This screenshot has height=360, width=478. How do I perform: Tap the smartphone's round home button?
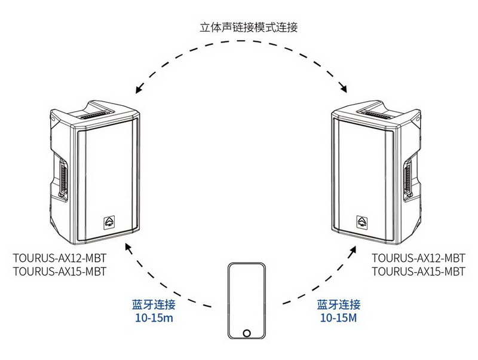point(246,333)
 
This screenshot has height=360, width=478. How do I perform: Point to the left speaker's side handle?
point(63,174)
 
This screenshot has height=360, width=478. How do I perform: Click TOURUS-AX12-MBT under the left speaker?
point(59,260)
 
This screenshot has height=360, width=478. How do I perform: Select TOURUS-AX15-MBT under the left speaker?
point(59,271)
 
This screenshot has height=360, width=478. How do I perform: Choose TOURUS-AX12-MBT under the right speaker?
point(418,260)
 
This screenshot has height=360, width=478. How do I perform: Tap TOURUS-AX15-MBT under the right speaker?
point(418,271)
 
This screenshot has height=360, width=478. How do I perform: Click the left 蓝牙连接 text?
point(153,304)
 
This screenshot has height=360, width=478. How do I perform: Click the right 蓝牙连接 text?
point(339,304)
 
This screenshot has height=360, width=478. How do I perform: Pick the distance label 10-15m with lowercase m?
point(153,318)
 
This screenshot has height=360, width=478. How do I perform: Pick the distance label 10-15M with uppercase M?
point(339,318)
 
